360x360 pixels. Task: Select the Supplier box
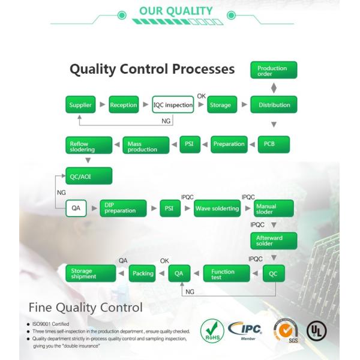click(x=80, y=105)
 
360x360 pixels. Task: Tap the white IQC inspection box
click(x=173, y=105)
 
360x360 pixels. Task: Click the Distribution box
click(x=274, y=105)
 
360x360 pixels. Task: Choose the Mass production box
click(x=143, y=145)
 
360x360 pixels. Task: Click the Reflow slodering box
click(x=88, y=145)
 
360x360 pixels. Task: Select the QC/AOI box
click(x=88, y=176)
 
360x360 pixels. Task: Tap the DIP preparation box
click(x=123, y=209)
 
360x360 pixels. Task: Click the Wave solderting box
click(x=217, y=209)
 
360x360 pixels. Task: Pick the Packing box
click(x=143, y=274)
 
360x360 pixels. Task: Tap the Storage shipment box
click(x=90, y=274)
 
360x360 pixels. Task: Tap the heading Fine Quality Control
click(x=86, y=307)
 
